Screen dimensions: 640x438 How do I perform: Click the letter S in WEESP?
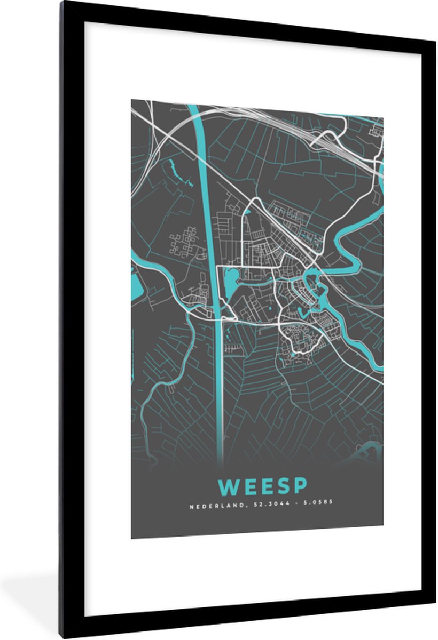283,486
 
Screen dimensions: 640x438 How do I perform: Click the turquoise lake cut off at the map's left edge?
136,280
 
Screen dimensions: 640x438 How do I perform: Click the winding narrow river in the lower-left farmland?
160,373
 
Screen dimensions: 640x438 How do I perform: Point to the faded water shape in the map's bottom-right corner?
369,451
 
